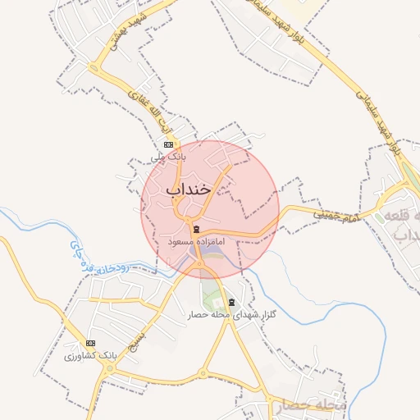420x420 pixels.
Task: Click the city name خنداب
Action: pyautogui.click(x=189, y=189)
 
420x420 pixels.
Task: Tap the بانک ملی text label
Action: pyautogui.click(x=171, y=154)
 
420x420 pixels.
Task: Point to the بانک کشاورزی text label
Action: pyautogui.click(x=90, y=357)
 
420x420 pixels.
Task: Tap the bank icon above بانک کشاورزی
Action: pyautogui.click(x=90, y=343)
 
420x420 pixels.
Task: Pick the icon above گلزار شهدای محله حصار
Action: pyautogui.click(x=231, y=302)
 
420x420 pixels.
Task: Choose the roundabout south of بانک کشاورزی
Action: pyautogui.click(x=108, y=371)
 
